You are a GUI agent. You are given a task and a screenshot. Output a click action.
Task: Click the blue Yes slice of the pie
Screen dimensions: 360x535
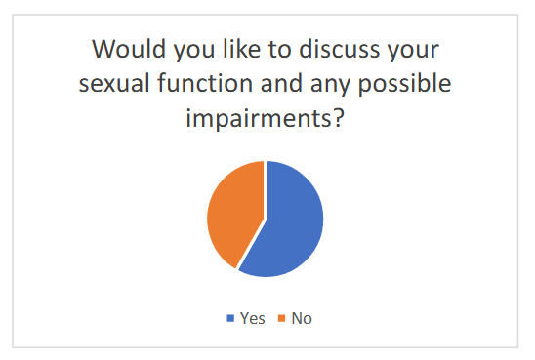(289, 220)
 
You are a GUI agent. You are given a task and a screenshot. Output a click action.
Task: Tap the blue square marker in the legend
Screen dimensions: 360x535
(230, 318)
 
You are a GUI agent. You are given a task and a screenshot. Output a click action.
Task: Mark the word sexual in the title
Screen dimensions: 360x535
(117, 84)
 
